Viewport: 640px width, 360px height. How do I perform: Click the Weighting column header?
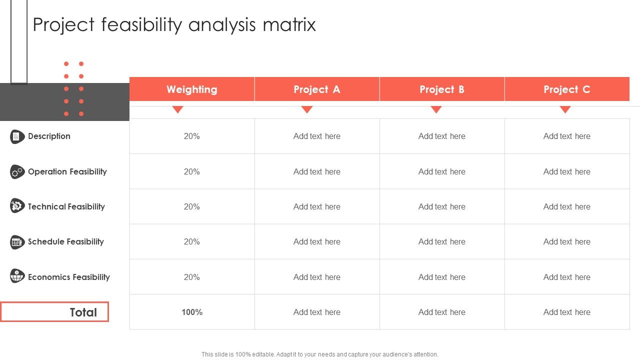192,89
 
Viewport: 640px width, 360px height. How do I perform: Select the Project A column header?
317,89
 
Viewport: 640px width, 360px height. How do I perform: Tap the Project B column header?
442,89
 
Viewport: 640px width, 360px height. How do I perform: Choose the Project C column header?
567,89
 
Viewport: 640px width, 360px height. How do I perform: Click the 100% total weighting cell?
192,312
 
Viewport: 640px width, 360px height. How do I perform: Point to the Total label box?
54,312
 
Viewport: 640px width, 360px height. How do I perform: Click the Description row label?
49,136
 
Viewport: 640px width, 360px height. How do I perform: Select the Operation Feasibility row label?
67,171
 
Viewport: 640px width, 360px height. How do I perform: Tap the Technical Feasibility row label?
66,206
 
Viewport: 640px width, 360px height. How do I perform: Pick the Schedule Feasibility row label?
66,241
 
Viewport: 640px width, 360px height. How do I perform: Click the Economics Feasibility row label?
69,277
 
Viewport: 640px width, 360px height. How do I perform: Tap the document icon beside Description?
17,136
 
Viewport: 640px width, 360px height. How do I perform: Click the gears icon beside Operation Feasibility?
17,172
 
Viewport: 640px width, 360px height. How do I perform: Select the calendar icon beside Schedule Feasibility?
17,242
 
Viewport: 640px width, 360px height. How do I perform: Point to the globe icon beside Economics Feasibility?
17,276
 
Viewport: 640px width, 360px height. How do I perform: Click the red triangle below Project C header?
565,109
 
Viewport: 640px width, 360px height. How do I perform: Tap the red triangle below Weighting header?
178,109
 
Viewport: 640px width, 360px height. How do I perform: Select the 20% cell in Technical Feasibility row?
192,206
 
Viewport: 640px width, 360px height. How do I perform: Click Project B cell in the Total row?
442,312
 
